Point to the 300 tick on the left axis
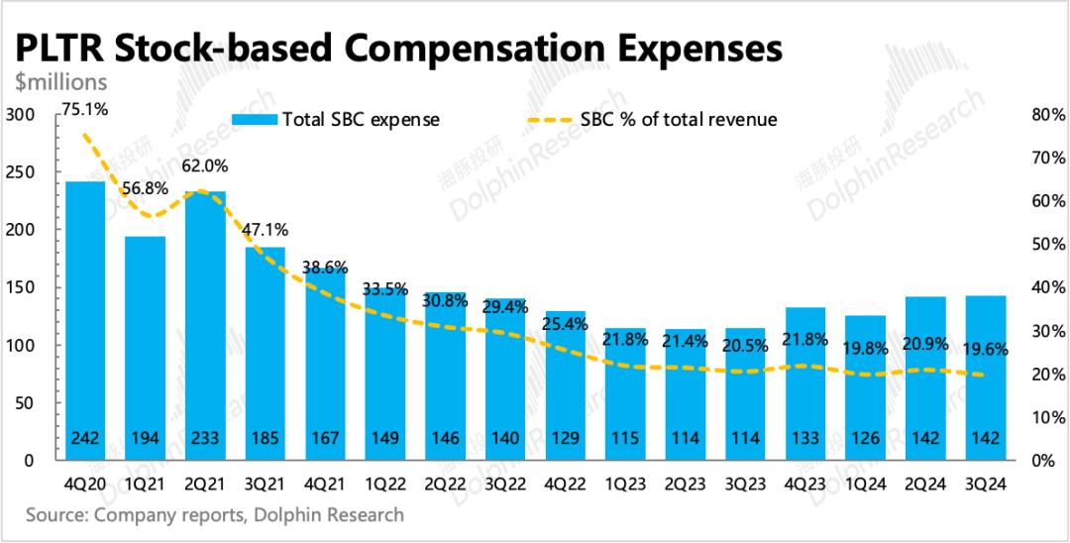tap(21, 115)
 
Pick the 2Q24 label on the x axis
tap(925, 485)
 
